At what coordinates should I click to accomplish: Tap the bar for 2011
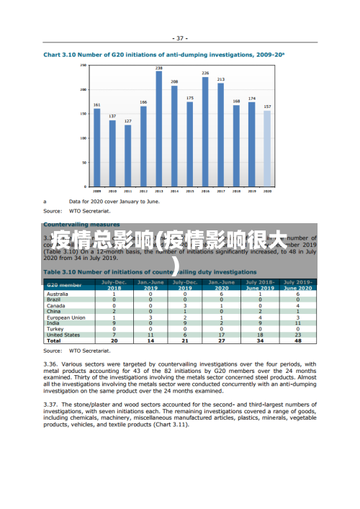pyautogui.click(x=127, y=156)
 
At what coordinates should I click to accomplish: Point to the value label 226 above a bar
pyautogui.click(x=205, y=73)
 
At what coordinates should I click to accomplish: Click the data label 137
pyautogui.click(x=112, y=116)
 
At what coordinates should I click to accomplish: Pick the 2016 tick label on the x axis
pyautogui.click(x=205, y=192)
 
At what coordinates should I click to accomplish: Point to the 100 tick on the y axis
pyautogui.click(x=84, y=138)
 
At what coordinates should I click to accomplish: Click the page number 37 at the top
pyautogui.click(x=180, y=38)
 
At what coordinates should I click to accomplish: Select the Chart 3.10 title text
pyautogui.click(x=164, y=55)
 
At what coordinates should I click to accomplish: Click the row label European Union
pyautogui.click(x=66, y=317)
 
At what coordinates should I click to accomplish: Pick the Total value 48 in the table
pyautogui.click(x=297, y=341)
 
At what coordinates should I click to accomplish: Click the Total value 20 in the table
pyautogui.click(x=114, y=341)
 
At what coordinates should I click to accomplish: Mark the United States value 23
pyautogui.click(x=297, y=335)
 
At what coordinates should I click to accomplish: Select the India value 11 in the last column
pyautogui.click(x=297, y=323)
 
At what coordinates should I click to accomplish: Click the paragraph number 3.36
pyautogui.click(x=53, y=364)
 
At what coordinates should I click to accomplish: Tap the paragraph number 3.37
pyautogui.click(x=53, y=405)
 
